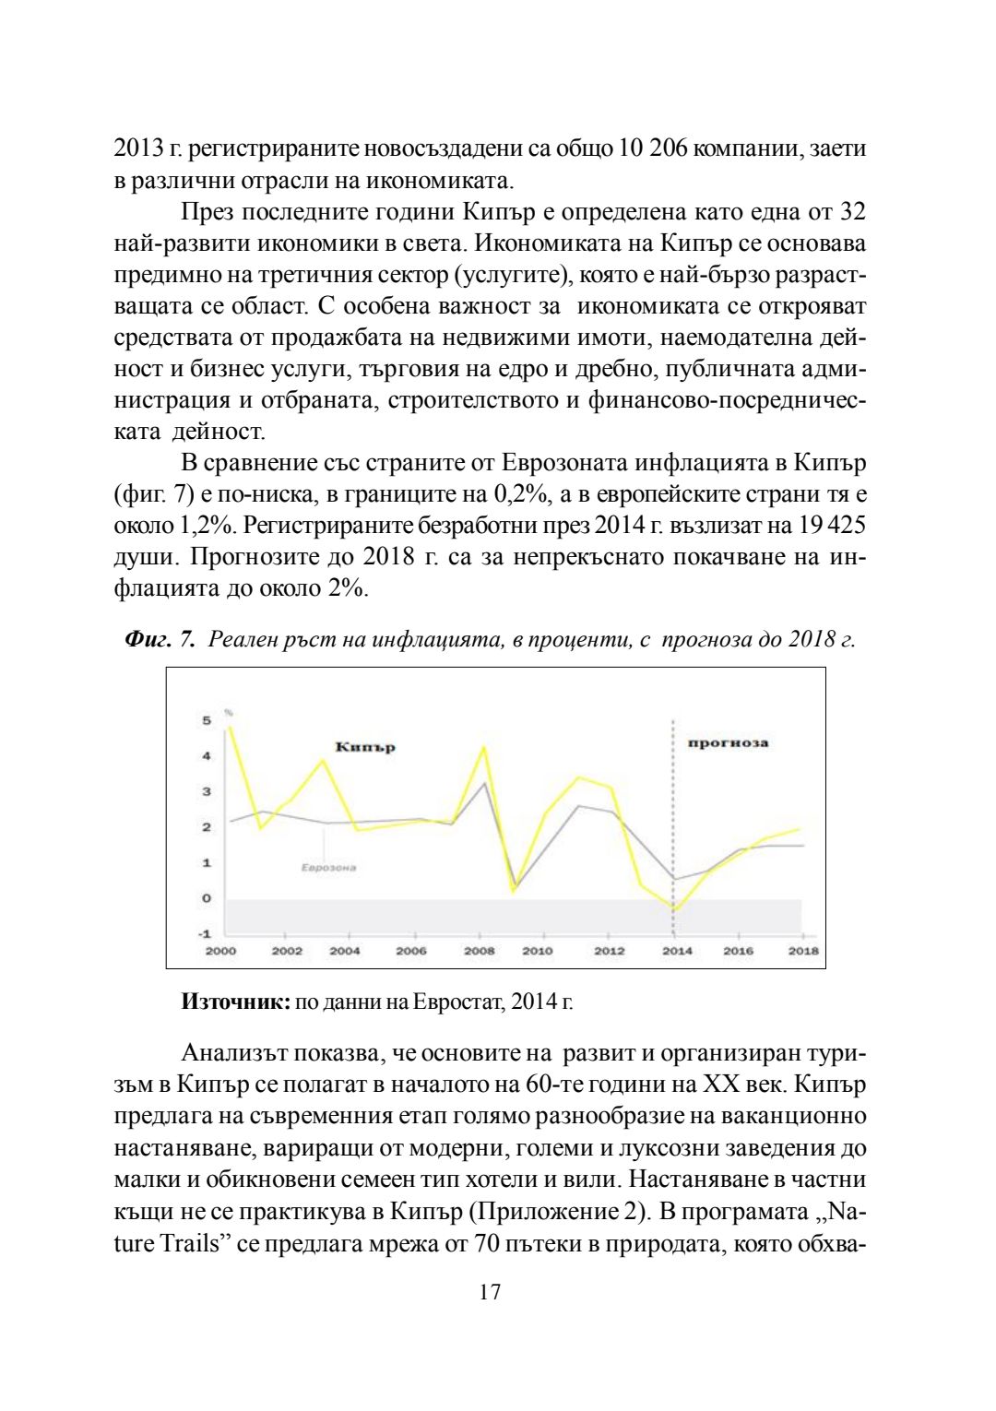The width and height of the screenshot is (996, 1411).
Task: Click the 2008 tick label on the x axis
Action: [479, 951]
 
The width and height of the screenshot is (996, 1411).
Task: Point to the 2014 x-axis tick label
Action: [677, 951]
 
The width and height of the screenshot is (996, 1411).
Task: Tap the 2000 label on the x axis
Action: [220, 951]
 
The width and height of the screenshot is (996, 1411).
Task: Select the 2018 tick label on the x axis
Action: [803, 951]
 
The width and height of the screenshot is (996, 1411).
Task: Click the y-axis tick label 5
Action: [207, 720]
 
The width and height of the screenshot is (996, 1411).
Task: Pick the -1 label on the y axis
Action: [206, 933]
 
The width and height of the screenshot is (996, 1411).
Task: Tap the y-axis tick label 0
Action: [207, 897]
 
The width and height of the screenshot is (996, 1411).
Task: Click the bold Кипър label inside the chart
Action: [365, 747]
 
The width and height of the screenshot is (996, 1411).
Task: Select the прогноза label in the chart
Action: [728, 742]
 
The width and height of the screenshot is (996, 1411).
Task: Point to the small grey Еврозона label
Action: [328, 868]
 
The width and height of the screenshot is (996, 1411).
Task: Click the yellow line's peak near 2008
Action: [484, 747]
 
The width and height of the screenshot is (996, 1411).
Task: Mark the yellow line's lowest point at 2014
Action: [674, 909]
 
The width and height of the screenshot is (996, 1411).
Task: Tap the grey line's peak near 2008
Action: [485, 783]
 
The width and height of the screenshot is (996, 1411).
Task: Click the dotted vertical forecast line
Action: [673, 812]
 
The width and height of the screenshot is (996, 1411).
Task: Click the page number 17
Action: [491, 1291]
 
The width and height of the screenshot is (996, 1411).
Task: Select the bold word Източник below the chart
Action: [236, 1002]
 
